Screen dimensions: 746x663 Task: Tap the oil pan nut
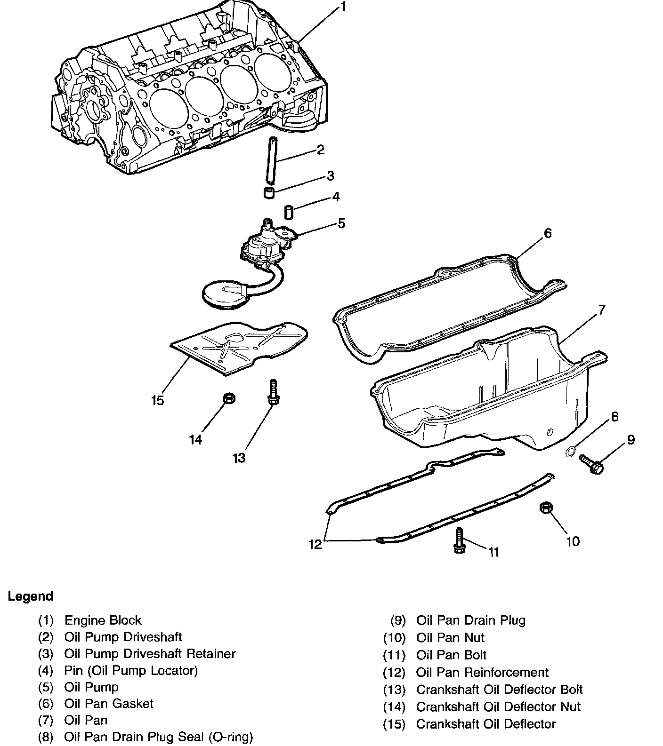tap(545, 508)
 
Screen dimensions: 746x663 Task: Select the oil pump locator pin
tap(289, 212)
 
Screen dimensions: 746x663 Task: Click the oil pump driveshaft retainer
tap(269, 192)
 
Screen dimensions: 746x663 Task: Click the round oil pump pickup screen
tap(224, 295)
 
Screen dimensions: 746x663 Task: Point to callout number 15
tap(158, 400)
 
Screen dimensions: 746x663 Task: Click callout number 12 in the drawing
tap(315, 544)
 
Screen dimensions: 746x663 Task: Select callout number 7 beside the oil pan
tap(601, 310)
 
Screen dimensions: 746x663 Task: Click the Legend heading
tap(30, 596)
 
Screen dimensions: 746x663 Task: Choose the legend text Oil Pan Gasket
tap(109, 704)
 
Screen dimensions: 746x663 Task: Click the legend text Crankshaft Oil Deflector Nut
tap(498, 706)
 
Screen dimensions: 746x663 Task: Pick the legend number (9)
tap(398, 620)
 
